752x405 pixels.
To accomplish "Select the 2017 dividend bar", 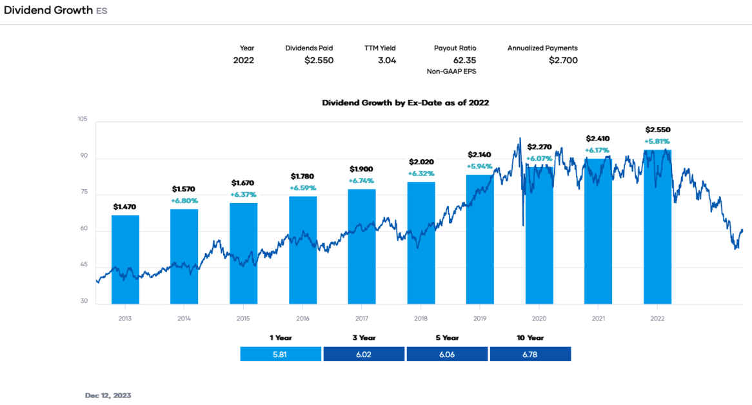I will point(362,246).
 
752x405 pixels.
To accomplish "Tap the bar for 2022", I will point(657,226).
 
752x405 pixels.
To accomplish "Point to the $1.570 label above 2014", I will point(184,189).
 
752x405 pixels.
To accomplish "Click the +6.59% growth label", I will point(302,188).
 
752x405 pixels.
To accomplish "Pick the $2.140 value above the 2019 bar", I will point(480,155).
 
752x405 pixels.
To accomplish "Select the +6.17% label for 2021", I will point(598,150).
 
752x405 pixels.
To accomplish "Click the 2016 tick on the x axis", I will point(302,319).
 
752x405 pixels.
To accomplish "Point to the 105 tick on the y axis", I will point(82,119).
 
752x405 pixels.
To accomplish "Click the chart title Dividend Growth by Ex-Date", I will point(405,103).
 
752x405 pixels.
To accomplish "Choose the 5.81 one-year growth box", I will point(281,354).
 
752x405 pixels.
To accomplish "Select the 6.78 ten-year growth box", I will point(530,354).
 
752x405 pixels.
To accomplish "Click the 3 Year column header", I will point(363,338).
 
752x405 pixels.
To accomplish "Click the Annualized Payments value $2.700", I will point(563,61).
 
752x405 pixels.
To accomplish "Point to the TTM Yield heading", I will point(380,48).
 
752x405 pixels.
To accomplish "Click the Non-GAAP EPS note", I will point(451,72).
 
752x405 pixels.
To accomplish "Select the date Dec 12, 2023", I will point(108,395).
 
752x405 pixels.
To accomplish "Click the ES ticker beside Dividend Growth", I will point(102,11).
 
